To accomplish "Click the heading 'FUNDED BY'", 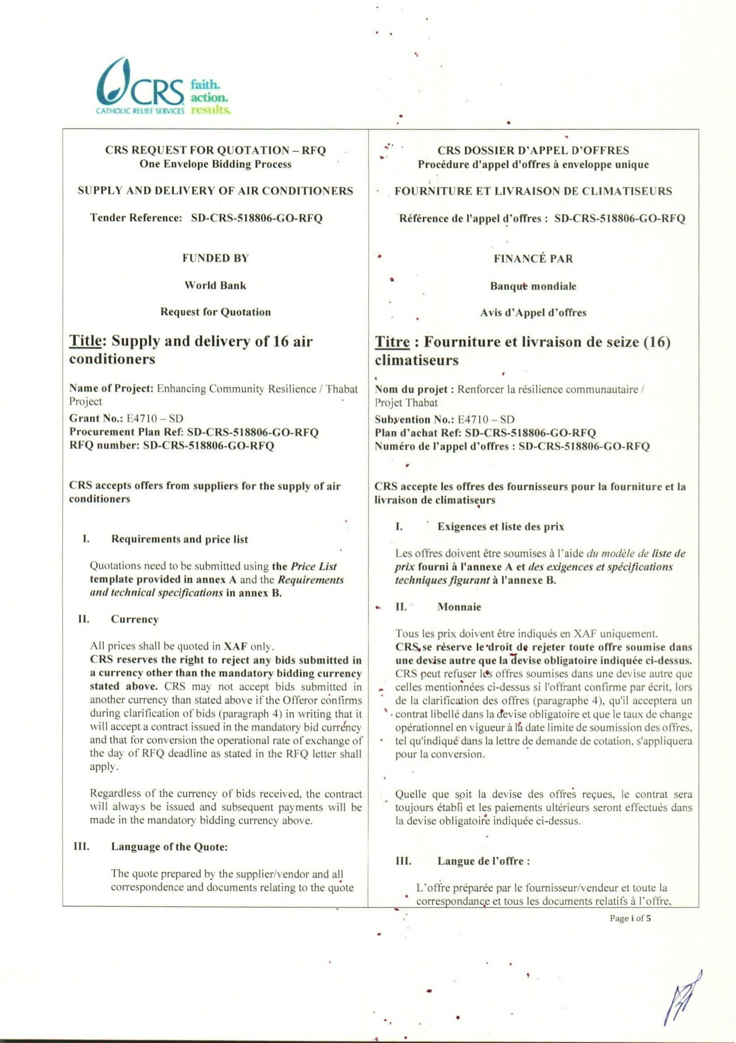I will pos(215,259).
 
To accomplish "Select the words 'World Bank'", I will pos(215,285).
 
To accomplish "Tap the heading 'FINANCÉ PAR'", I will pos(533,259).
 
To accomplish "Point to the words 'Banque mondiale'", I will pos(533,286).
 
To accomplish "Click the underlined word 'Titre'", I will pos(391,342).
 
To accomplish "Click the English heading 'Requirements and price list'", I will pos(179,539).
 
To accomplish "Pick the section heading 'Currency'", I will pos(135,620).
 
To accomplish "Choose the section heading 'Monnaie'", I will pos(459,607).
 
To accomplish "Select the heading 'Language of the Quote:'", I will pos(169,847).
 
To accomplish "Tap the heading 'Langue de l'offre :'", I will pos(483,861).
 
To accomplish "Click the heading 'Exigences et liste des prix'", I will pos(500,527).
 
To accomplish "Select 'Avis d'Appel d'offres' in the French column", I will pos(533,312).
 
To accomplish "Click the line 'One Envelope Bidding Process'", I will pos(215,165).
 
